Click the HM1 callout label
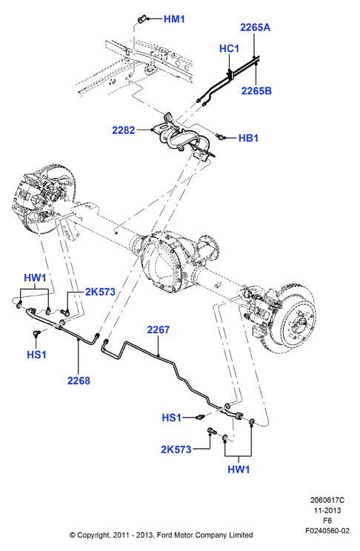point(174,19)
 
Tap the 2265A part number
point(256,27)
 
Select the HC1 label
point(229,48)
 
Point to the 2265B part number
point(256,90)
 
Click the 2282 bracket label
point(124,130)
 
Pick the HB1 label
point(248,138)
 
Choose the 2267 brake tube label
point(159,330)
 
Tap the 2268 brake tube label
point(79,381)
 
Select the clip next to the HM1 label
point(143,19)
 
